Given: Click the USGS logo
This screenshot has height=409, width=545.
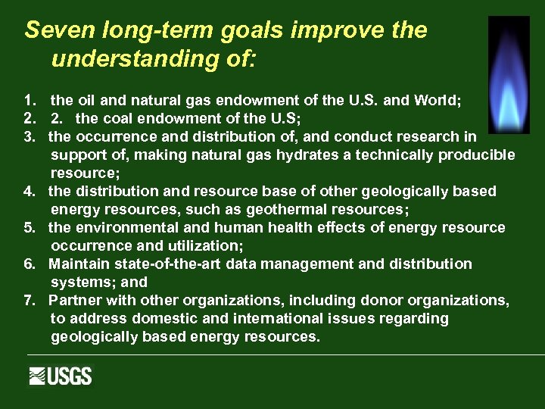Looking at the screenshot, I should pos(61,376).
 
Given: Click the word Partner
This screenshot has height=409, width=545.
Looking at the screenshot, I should pos(73,301).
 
